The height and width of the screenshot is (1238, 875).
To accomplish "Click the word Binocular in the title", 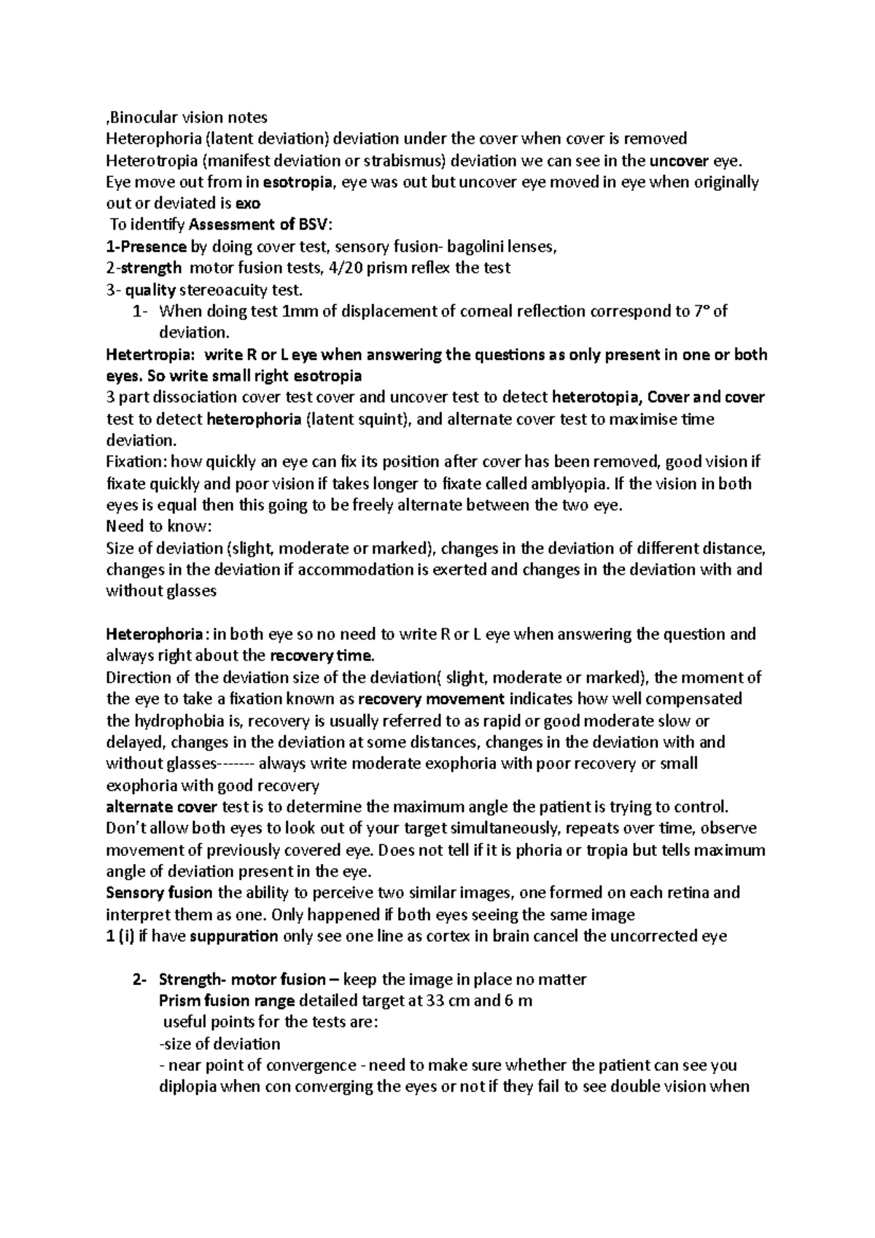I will coord(139,117).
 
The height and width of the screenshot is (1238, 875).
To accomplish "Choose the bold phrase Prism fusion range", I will coord(226,1001).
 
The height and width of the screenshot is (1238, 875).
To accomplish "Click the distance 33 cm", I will coord(450,1001).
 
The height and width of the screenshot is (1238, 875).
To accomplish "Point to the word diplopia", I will coord(188,1087).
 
